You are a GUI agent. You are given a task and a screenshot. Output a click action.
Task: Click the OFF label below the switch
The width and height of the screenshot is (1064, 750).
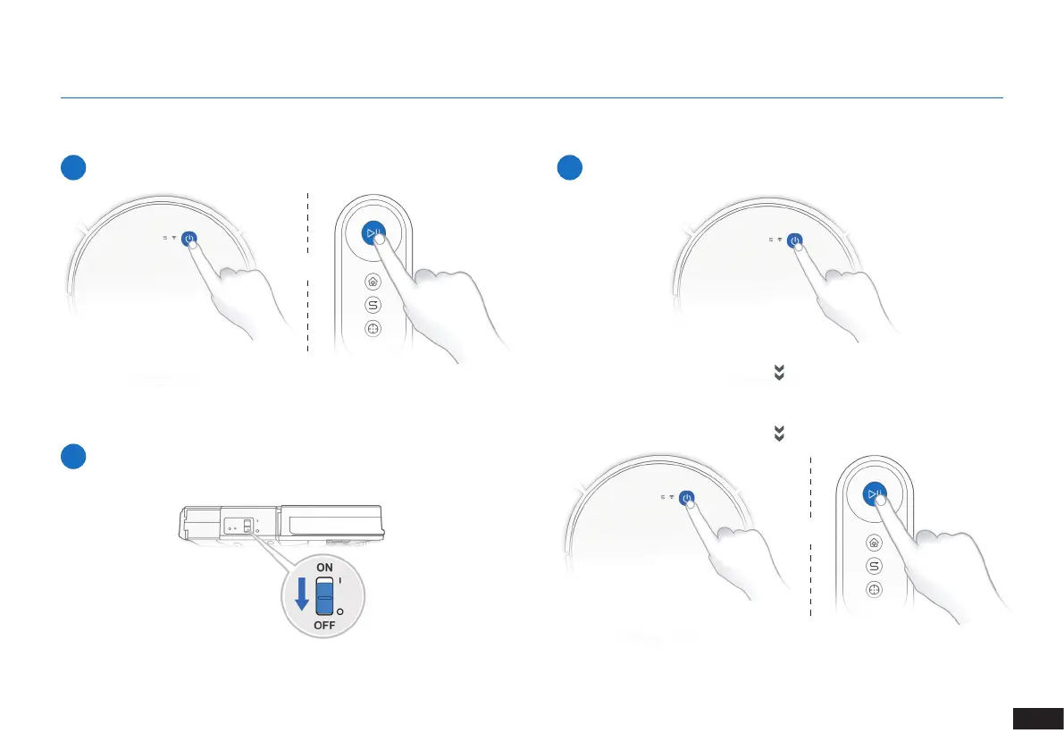pos(324,626)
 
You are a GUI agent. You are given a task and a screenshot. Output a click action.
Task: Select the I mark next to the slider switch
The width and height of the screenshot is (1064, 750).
pos(341,580)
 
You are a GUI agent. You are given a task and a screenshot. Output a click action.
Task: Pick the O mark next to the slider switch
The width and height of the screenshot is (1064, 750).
pos(340,612)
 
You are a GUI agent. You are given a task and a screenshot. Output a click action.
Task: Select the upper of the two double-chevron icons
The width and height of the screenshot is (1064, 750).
pos(778,375)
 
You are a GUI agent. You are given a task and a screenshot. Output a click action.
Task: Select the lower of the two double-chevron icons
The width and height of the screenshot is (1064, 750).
pos(778,434)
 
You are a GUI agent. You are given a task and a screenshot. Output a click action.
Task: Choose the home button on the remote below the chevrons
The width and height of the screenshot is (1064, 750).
pos(874,543)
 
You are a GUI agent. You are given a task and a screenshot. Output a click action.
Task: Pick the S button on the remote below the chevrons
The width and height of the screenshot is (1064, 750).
pos(874,566)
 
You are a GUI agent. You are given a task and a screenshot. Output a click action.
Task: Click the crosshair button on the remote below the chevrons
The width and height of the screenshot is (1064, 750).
pos(874,590)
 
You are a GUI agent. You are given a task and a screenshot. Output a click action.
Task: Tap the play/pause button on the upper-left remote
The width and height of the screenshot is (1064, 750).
pos(373,233)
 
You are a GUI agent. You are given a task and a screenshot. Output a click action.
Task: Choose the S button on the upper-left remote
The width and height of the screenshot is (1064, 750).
pos(373,304)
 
